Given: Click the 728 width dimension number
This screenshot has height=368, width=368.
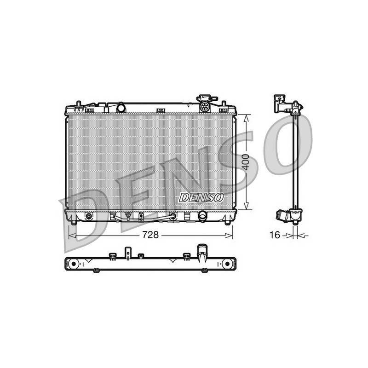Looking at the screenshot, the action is click(150, 235).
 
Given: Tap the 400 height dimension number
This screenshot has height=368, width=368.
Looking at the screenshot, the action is click(246, 162).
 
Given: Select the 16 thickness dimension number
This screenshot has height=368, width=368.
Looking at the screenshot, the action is click(275, 235).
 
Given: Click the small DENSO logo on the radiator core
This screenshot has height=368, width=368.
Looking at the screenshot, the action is click(201, 198).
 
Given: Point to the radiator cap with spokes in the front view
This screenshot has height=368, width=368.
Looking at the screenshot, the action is click(205, 107).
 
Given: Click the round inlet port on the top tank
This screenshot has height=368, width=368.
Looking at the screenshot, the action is click(121, 108).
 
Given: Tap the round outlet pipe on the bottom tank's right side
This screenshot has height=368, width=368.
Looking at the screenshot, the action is click(202, 215).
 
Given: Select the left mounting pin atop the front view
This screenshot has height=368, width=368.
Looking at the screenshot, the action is click(79, 104).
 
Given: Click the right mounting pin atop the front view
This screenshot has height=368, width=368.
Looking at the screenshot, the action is click(224, 104).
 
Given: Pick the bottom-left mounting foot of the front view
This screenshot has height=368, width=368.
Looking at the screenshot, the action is click(74, 222).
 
